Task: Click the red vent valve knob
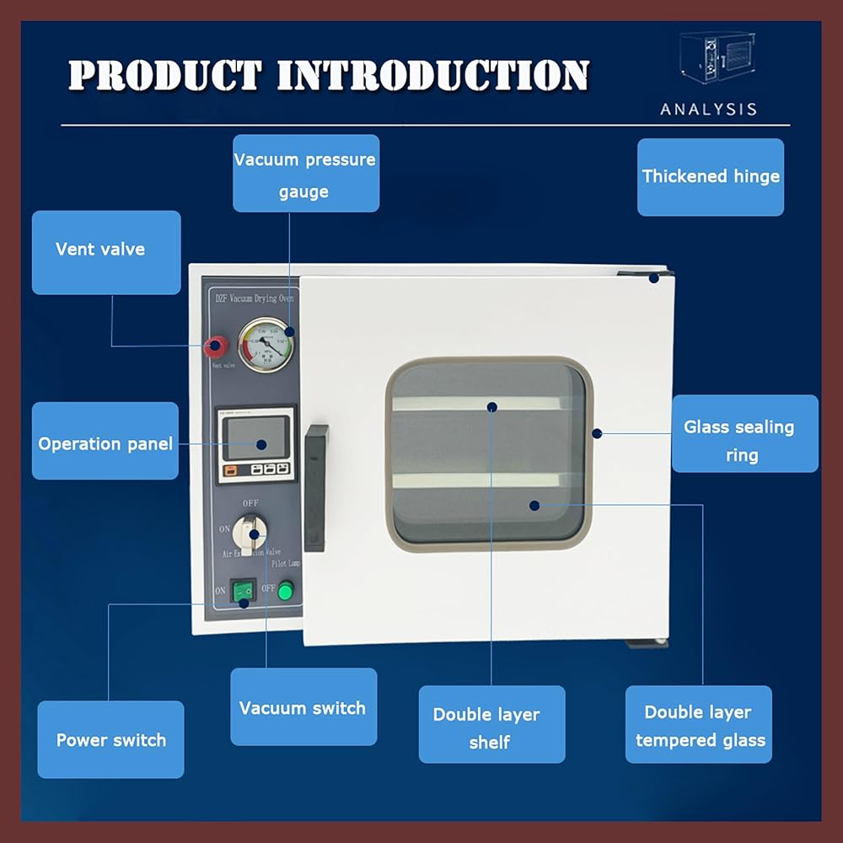point(216,346)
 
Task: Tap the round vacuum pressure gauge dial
point(265,344)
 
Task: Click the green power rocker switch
point(243,591)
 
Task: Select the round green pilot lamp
point(287,591)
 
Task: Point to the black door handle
point(316,487)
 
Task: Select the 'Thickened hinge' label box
point(711,177)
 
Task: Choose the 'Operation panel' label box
point(105,443)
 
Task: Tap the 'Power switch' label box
point(110,739)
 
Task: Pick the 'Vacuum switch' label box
point(303,706)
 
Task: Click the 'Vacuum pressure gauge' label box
point(305,174)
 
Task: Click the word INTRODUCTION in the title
point(432,76)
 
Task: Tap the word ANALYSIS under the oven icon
point(709,110)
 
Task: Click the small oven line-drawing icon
point(717,63)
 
